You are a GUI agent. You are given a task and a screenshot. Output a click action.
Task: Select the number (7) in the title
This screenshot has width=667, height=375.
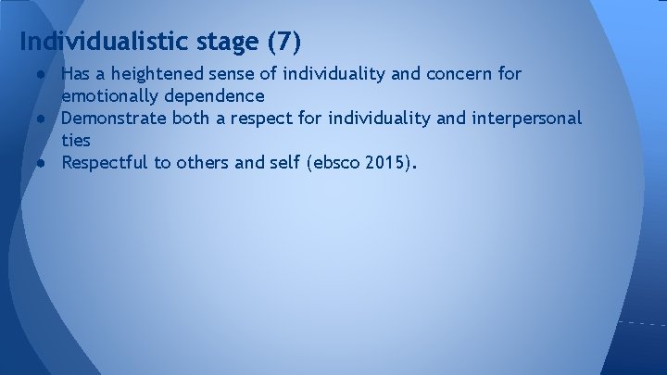283,42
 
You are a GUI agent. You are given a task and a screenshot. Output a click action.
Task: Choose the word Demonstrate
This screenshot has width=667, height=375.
109,119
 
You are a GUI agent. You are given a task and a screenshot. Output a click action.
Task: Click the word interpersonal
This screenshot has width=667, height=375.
527,119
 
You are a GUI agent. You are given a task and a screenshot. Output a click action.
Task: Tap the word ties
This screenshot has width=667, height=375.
75,141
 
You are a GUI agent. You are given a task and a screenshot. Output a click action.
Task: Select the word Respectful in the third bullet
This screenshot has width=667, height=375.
103,164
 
